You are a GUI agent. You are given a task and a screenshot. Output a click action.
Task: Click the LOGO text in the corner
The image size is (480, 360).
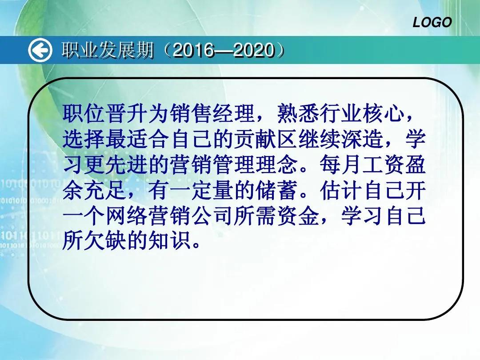click(432, 22)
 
